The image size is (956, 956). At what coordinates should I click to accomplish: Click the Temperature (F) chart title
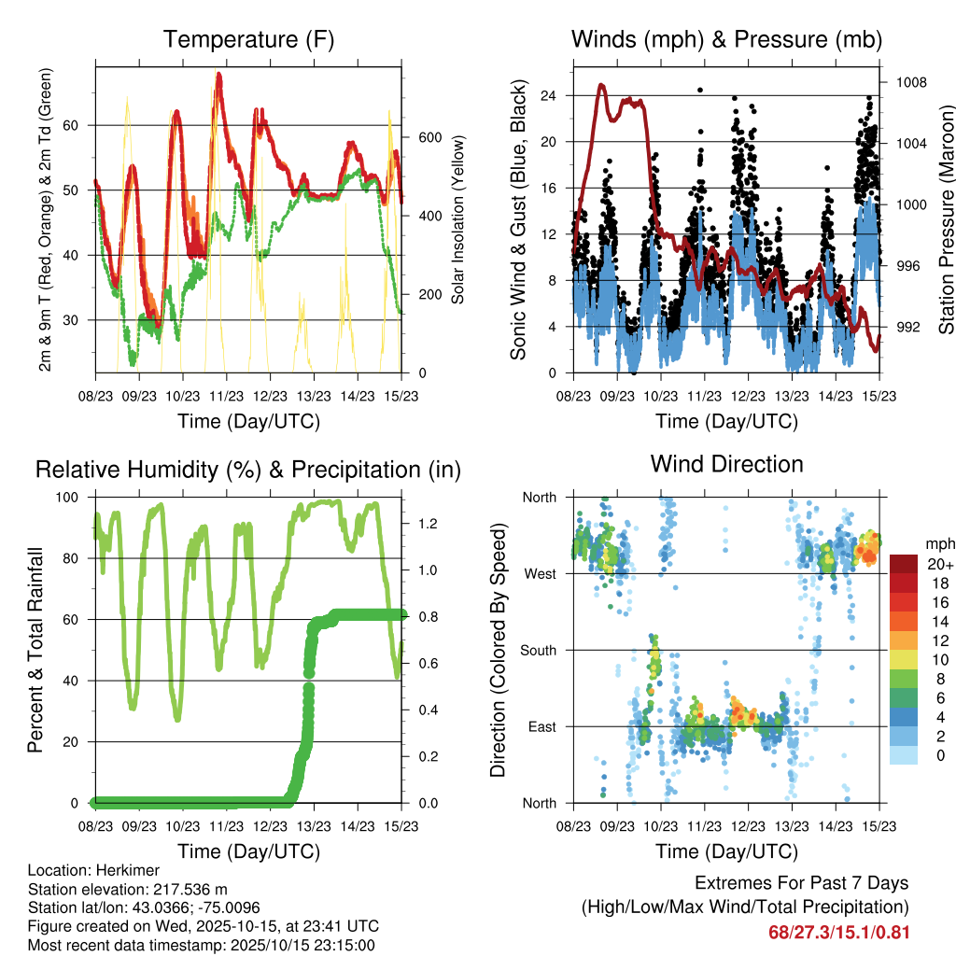(x=248, y=40)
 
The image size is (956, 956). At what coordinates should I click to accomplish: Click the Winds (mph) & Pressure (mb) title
(x=726, y=40)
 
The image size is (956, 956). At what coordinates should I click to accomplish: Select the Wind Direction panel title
(x=726, y=464)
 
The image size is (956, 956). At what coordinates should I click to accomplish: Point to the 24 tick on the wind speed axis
(x=549, y=95)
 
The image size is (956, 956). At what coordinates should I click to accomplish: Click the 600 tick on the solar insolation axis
(x=429, y=137)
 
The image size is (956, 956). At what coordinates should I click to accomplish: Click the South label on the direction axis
(x=539, y=650)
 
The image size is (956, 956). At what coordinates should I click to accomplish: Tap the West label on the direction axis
(x=540, y=573)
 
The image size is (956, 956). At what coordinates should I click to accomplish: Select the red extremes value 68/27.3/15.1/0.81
(x=838, y=932)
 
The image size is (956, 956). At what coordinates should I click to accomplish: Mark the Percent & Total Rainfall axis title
(x=35, y=650)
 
